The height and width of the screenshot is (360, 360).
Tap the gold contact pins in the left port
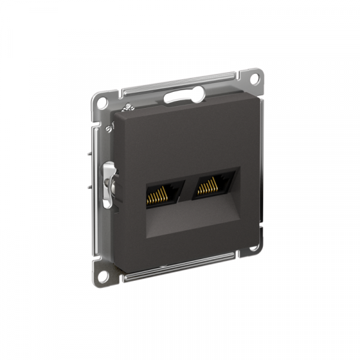click(x=157, y=193)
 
